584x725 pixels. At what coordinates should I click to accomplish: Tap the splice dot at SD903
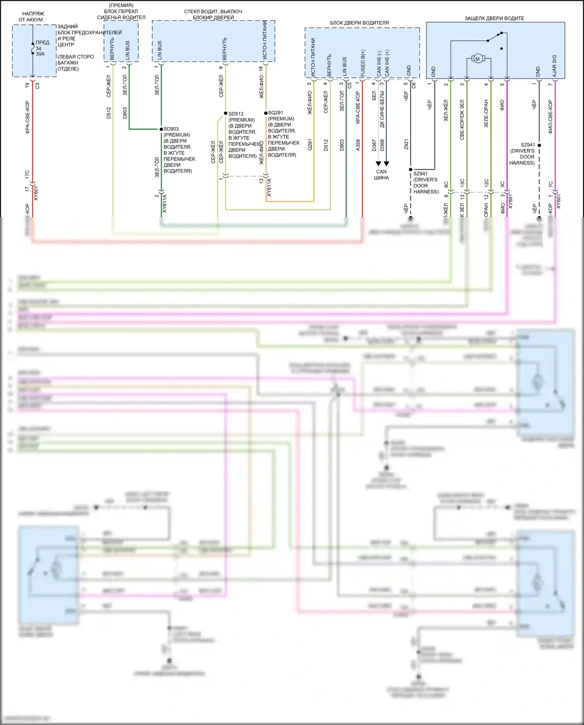(161, 129)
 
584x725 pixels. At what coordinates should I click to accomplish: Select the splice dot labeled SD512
(225, 113)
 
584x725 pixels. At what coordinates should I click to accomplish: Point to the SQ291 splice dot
(266, 113)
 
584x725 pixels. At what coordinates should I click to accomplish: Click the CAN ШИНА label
(382, 175)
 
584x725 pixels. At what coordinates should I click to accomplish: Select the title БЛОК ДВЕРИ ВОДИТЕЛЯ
(359, 23)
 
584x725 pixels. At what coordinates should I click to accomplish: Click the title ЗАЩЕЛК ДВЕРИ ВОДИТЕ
(494, 18)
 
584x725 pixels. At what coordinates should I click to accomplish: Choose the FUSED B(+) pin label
(362, 63)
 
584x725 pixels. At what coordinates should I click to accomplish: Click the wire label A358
(358, 145)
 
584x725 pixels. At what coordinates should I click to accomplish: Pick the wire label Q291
(310, 145)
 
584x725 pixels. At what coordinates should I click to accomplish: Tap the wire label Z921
(406, 145)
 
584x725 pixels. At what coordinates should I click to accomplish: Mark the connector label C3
(37, 86)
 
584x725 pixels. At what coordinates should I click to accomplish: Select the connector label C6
(413, 85)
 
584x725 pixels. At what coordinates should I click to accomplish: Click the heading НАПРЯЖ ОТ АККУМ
(33, 16)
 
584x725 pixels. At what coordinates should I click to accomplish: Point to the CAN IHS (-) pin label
(378, 63)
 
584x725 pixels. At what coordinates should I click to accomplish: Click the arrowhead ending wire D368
(386, 164)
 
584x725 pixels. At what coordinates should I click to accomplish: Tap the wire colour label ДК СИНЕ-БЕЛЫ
(382, 109)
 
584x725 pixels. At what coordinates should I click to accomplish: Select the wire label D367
(374, 145)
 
